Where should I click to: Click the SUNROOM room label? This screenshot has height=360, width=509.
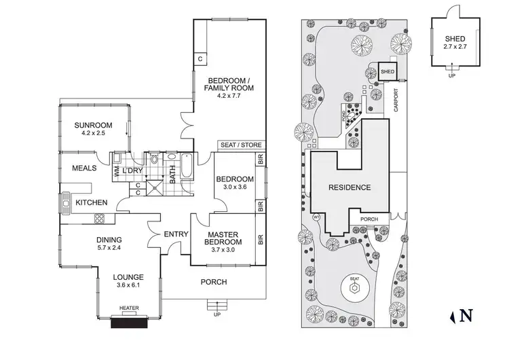pyautogui.click(x=94, y=125)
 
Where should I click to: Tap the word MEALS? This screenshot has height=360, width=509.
pyautogui.click(x=85, y=168)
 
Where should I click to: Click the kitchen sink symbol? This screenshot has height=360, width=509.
pyautogui.click(x=67, y=201)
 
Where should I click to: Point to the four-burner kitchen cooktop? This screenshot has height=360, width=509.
pyautogui.click(x=100, y=219)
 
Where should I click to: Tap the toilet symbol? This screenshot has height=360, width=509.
pyautogui.click(x=155, y=161)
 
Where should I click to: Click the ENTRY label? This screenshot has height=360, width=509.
pyautogui.click(x=176, y=234)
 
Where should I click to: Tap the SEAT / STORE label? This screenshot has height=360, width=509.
pyautogui.click(x=240, y=145)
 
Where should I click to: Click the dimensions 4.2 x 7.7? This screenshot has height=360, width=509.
pyautogui.click(x=229, y=96)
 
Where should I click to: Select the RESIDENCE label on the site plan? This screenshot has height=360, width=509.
pyautogui.click(x=350, y=187)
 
